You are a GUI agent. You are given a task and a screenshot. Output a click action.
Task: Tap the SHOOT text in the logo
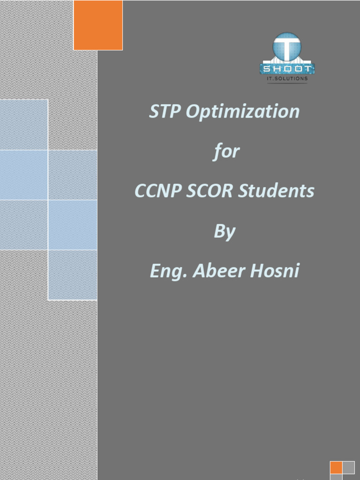point(287,69)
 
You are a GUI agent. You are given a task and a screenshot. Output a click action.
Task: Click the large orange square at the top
point(98,25)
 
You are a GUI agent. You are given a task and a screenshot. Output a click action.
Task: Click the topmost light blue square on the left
point(23,125)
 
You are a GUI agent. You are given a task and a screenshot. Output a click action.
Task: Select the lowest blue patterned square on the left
point(73,275)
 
